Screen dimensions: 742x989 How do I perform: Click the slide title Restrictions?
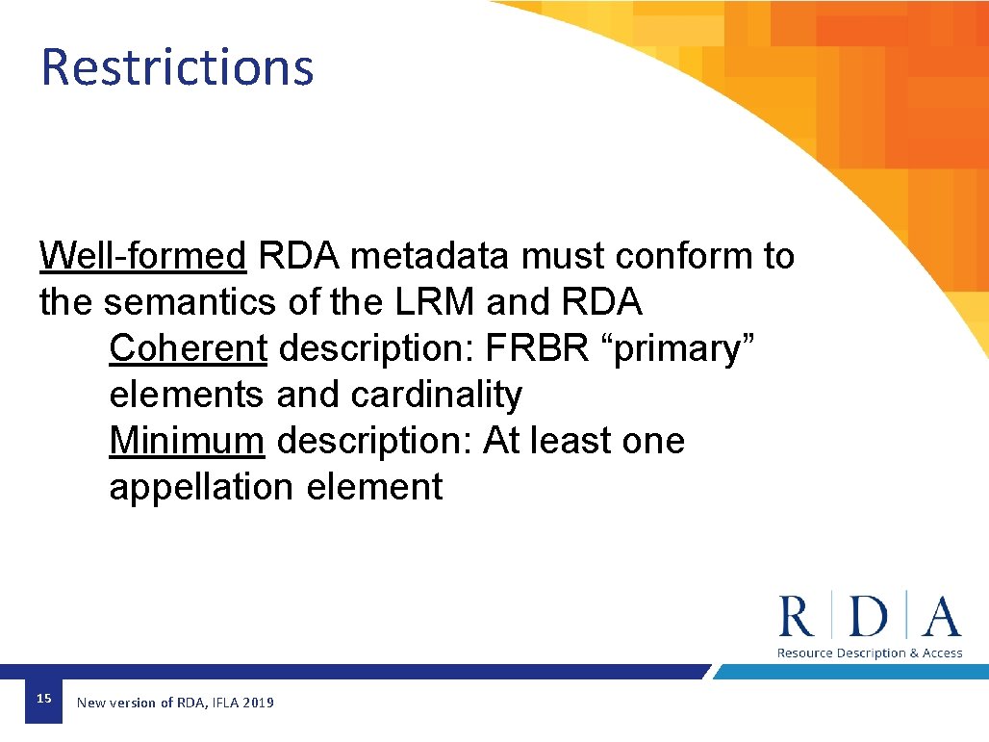coord(177,67)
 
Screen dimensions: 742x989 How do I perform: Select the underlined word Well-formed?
coord(143,257)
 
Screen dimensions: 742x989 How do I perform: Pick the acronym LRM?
coord(434,303)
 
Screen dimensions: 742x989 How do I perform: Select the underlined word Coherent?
coord(188,349)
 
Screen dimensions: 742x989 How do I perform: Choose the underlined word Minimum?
coord(187,442)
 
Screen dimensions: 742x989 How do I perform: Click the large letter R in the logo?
coord(797,617)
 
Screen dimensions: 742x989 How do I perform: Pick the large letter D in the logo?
coord(869,617)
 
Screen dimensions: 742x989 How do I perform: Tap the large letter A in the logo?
coord(940,617)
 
